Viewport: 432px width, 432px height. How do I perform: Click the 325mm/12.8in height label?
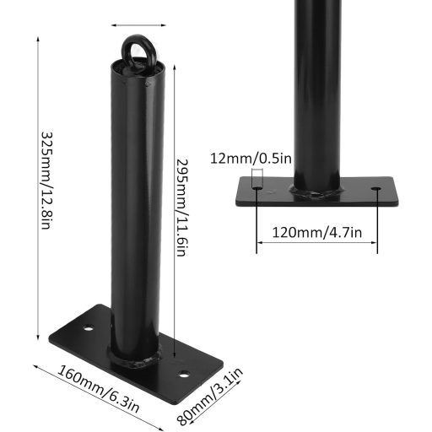46,181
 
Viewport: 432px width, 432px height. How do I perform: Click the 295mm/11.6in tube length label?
181,208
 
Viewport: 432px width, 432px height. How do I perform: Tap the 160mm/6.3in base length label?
98,389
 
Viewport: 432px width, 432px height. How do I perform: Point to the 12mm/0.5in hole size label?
251,159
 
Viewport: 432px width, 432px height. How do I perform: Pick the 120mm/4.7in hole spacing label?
317,233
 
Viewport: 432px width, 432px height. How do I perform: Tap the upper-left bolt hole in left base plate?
89,327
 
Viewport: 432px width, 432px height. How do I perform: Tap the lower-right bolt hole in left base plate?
184,375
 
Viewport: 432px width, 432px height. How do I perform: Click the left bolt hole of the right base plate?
257,187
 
